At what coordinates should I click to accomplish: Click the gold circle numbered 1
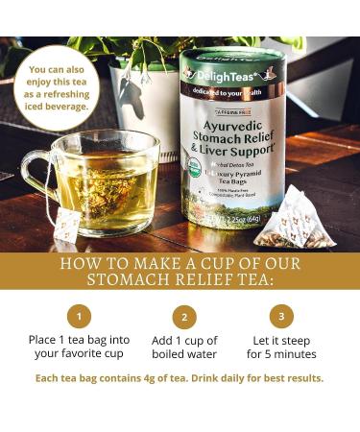pyautogui.click(x=81, y=315)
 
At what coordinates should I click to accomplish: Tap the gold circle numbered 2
pyautogui.click(x=184, y=317)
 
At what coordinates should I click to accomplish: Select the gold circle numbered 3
pyautogui.click(x=281, y=315)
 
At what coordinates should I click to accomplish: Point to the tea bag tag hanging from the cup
pyautogui.click(x=67, y=225)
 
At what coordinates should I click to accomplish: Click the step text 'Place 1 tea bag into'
pyautogui.click(x=81, y=340)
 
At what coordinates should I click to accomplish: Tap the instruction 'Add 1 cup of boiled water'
pyautogui.click(x=184, y=348)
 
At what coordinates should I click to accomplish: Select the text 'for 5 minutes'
pyautogui.click(x=281, y=354)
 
